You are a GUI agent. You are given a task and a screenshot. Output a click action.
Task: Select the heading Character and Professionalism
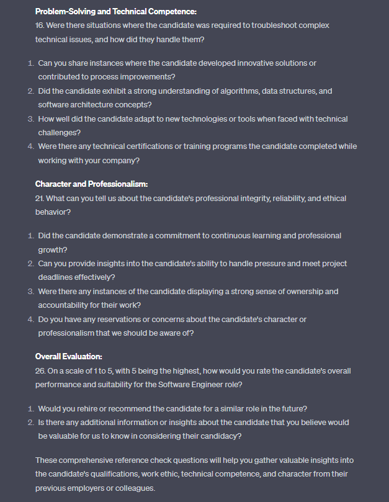(91, 184)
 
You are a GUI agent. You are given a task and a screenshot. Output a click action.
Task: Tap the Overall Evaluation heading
(69, 357)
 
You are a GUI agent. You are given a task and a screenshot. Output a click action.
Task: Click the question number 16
(40, 25)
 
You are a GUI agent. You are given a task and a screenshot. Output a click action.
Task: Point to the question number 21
(40, 198)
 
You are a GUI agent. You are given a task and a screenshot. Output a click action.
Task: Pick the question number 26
(41, 371)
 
